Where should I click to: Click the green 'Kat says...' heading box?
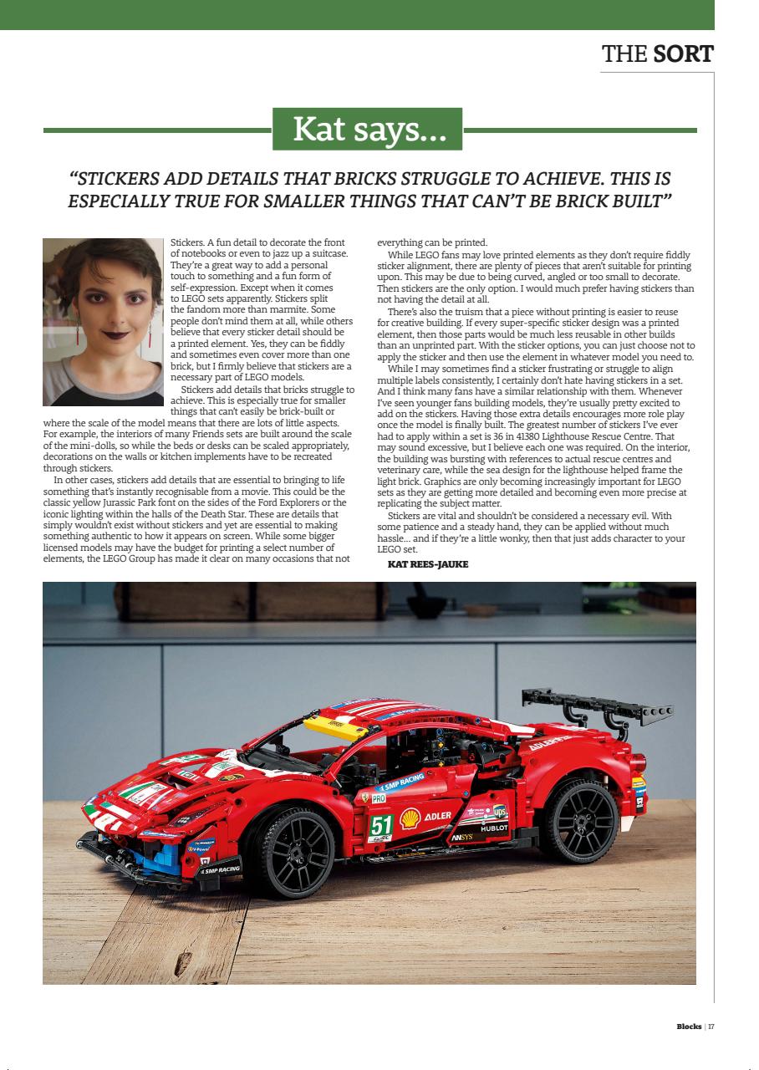coord(367,129)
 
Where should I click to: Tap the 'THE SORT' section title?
coord(657,54)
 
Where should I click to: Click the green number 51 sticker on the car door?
coord(381,825)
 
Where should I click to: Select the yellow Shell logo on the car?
coord(410,818)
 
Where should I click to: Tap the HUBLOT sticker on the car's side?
coord(494,828)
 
